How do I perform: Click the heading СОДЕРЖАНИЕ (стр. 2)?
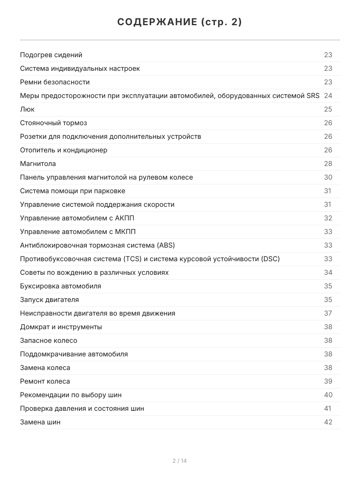[180, 22]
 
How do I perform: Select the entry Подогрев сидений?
[51, 55]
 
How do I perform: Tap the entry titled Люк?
[27, 109]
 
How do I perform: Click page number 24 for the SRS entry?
[328, 96]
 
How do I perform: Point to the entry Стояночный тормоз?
[54, 123]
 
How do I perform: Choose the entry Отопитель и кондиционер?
[64, 150]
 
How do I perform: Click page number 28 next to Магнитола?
[328, 164]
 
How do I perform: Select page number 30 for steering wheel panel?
[328, 177]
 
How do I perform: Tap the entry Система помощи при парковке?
[72, 191]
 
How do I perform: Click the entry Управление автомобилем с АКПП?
[80, 218]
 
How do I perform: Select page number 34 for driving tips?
[328, 272]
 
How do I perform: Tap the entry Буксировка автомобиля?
[60, 286]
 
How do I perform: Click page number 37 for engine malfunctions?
[328, 313]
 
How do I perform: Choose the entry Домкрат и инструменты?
[61, 327]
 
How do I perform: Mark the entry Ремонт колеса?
[45, 381]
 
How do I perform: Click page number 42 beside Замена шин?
[328, 422]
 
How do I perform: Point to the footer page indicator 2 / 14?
[180, 461]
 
